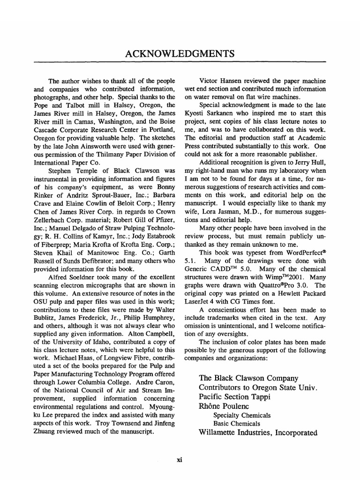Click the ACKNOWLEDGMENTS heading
pos(180,53)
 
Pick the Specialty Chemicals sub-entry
pos(242,415)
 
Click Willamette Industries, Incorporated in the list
pos(258,433)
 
